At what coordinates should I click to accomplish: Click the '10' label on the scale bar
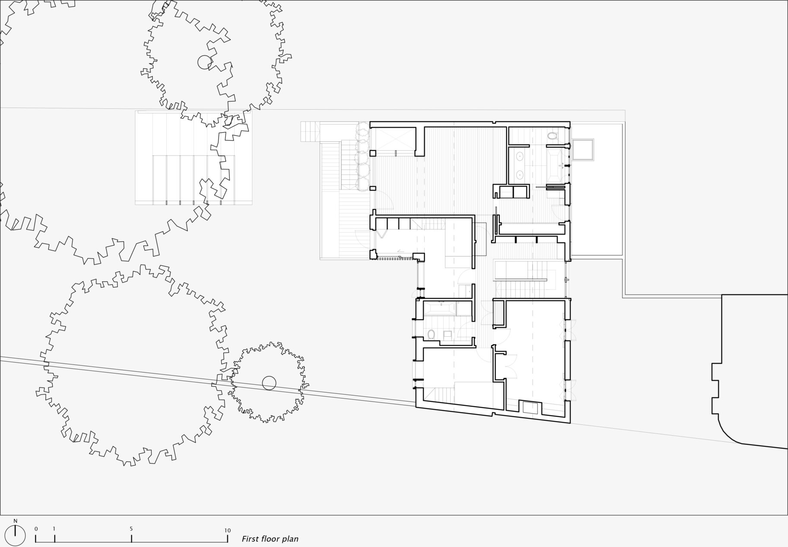(228, 530)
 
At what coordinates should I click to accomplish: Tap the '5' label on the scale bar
(131, 529)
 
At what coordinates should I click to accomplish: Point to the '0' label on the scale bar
(36, 528)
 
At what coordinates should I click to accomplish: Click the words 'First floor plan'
(270, 539)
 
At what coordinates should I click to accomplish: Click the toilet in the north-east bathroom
(552, 136)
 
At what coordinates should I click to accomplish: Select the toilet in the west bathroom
(431, 335)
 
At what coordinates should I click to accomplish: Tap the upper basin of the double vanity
(518, 155)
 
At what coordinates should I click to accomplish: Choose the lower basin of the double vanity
(518, 174)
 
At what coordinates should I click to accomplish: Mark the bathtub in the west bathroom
(440, 308)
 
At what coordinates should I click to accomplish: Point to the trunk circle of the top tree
(205, 63)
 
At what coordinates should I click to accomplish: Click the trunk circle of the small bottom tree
(269, 383)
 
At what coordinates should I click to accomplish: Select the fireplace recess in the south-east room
(530, 408)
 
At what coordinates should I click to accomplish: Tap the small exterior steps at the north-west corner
(311, 131)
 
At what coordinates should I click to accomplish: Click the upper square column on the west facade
(372, 153)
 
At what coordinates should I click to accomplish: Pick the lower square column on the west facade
(372, 188)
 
